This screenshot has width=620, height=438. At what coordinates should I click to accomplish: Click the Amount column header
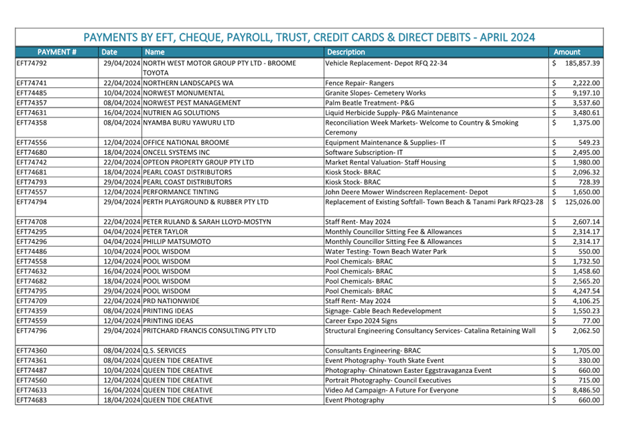[566, 52]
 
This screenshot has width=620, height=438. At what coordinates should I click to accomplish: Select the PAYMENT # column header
[56, 52]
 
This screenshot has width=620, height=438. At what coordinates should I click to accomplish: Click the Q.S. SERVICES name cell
[164, 350]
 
